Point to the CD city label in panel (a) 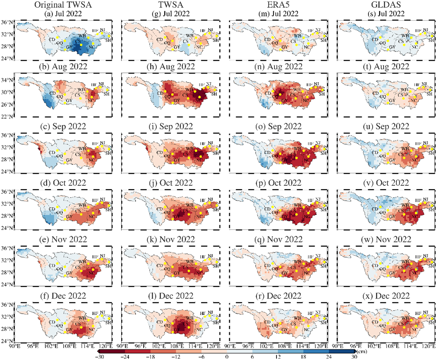53,39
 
